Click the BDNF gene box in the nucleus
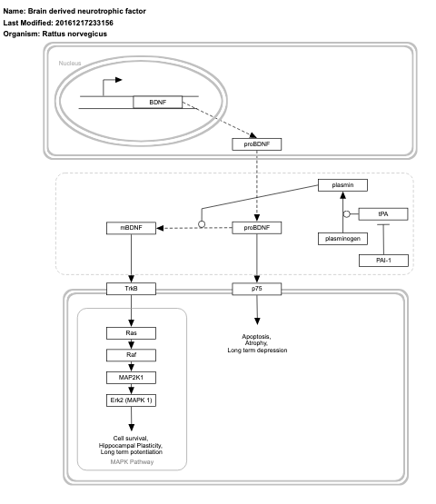[158, 103]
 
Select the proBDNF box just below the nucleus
[258, 143]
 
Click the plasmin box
[342, 185]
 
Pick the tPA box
[382, 213]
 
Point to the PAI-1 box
[382, 260]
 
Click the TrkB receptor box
[131, 289]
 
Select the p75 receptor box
[258, 289]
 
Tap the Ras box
[131, 334]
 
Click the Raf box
[131, 355]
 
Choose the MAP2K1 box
[131, 376]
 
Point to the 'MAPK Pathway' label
[131, 461]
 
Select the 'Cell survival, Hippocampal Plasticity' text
[131, 444]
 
